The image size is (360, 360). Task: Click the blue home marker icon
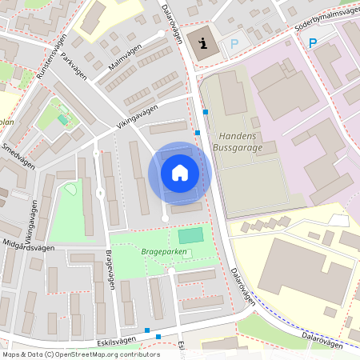coord(180,173)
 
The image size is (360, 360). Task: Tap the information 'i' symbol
coord(203,44)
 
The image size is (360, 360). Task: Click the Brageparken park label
coord(164,251)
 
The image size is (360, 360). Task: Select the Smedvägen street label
coord(18,154)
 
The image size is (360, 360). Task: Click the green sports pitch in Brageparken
coord(190,235)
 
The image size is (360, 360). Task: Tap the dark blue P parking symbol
coord(312,43)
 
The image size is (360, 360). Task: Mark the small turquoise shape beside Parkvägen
coord(62,120)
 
